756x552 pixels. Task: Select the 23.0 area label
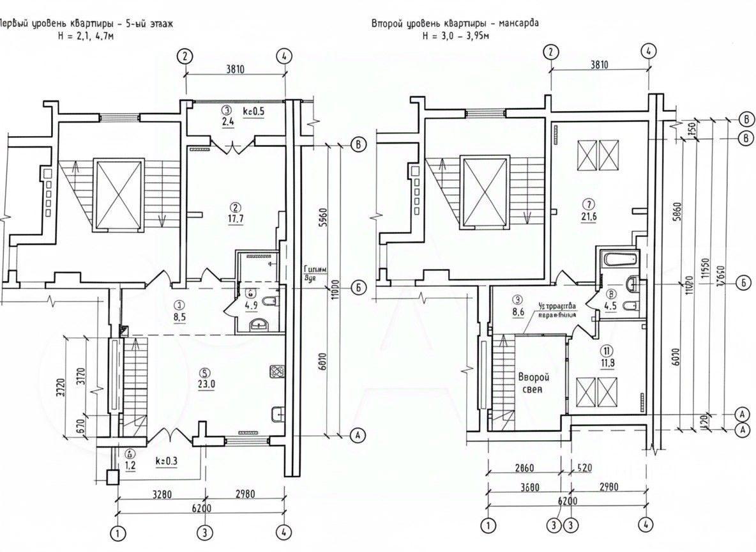click(204, 385)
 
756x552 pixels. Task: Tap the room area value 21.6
click(589, 217)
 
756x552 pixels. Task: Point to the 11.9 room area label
click(607, 365)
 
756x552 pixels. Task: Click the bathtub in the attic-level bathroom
click(618, 259)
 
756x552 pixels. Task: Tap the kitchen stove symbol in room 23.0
click(277, 371)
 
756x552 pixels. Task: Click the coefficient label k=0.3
click(166, 459)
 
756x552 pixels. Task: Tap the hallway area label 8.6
click(518, 314)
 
